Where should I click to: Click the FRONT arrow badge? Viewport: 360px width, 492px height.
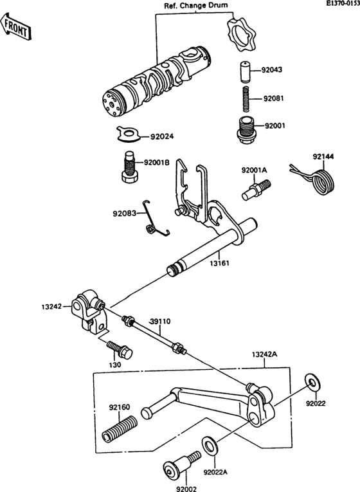pyautogui.click(x=16, y=25)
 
